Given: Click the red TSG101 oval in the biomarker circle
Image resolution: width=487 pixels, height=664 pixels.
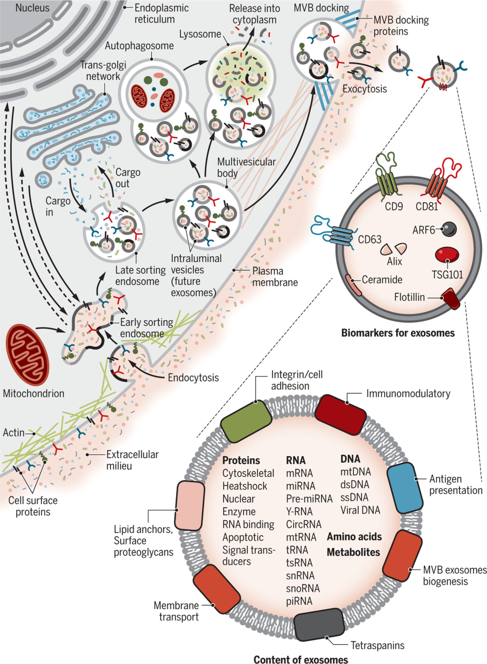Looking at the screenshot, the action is coord(447,254).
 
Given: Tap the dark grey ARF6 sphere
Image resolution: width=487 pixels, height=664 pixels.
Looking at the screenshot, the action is coord(449,229).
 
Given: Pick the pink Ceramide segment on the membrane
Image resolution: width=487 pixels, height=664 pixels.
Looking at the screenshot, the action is coord(354,285).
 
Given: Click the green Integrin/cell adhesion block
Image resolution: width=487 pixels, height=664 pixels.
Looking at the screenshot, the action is coord(246,421).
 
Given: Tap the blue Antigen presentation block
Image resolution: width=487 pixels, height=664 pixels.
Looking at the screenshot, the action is coord(404,488).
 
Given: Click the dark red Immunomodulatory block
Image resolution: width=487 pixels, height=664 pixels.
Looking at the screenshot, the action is coord(340,415).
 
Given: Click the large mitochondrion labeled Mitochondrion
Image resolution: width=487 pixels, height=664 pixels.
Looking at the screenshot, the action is coord(28,355).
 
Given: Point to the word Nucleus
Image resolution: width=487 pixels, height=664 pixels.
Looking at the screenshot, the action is coord(32,8).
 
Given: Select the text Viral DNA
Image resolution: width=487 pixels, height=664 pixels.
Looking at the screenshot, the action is coord(360,510).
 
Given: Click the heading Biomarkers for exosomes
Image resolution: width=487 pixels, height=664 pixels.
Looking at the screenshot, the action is coord(398,333).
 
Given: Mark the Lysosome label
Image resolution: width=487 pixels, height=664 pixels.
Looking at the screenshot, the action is coord(200,34).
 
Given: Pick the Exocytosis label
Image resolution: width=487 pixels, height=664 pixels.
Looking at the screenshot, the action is coord(365,88).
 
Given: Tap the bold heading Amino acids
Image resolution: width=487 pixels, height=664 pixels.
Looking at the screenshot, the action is coord(354,536).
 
